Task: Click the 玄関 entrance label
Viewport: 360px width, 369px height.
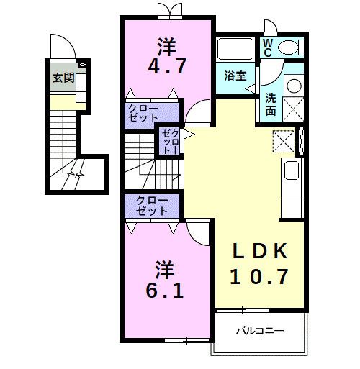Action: coord(63,78)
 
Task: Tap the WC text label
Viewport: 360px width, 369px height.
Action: coord(268,47)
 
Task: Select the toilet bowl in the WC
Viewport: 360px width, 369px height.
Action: coord(289,47)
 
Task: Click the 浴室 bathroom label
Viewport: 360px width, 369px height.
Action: coord(235,76)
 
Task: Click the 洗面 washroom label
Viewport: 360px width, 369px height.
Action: coord(271,104)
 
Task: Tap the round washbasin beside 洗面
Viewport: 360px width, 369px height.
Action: coord(294,86)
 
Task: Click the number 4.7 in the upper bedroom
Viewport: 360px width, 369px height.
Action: coord(167,65)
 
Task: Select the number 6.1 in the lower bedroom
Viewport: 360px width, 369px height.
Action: coord(165,290)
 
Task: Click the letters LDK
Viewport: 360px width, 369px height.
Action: coord(260,251)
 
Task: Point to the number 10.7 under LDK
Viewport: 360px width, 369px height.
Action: coord(259,276)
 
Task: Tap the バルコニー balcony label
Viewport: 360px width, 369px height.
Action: coord(260,331)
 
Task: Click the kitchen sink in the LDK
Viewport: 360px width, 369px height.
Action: coord(292,170)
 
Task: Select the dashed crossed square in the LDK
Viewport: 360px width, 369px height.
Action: coord(284,141)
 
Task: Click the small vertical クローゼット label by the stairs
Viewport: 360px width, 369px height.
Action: coord(171,142)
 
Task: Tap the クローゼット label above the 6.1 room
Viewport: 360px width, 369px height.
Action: coord(152,206)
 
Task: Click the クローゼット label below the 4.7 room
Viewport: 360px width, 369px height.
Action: coord(143,113)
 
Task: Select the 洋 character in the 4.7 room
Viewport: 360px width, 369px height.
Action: coord(167,46)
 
